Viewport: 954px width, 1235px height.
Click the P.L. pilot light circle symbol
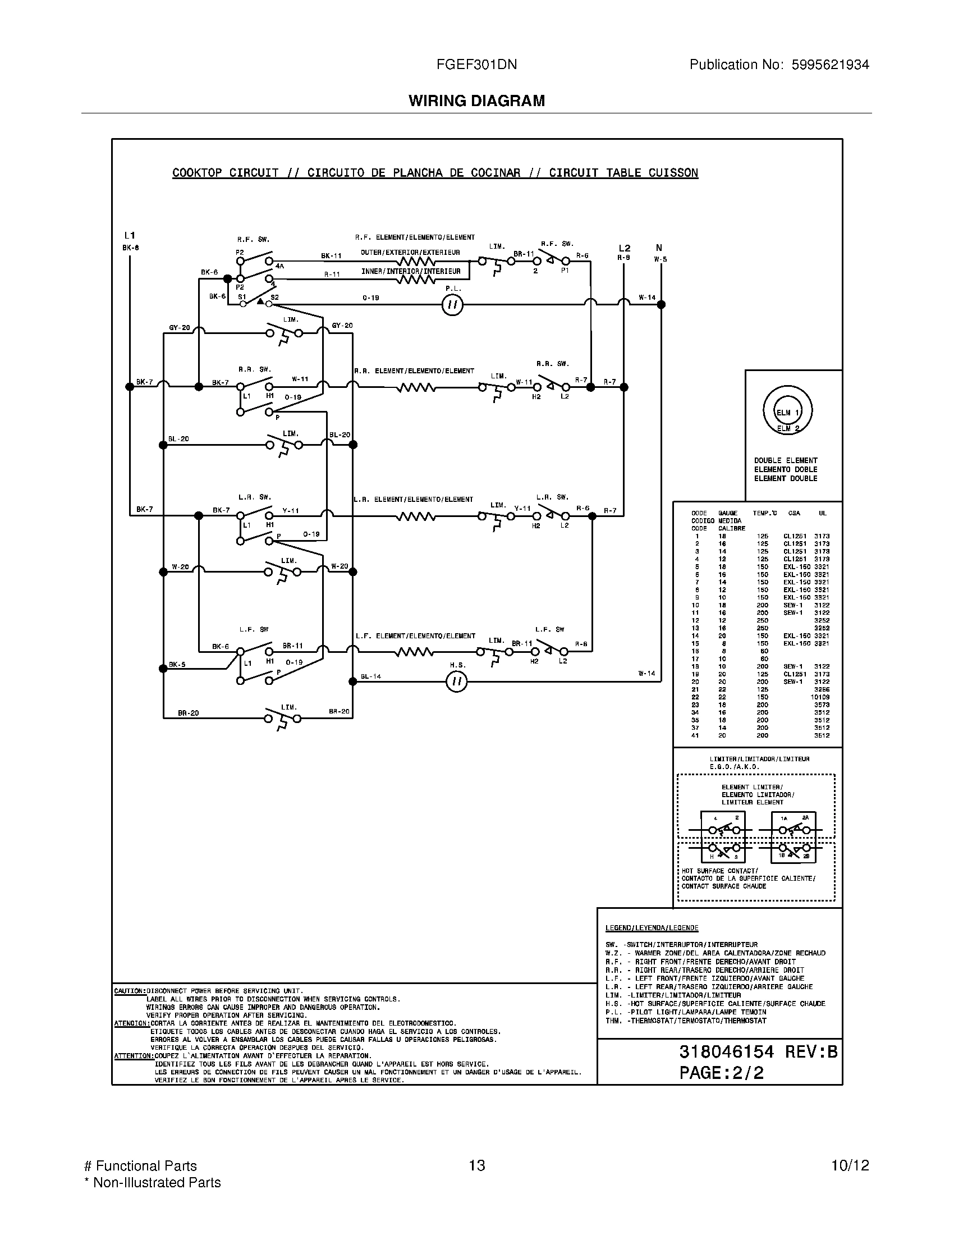452,305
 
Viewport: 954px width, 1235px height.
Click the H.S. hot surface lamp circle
457,681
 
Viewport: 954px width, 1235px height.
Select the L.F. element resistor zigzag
414,652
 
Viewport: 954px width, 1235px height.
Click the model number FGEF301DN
476,65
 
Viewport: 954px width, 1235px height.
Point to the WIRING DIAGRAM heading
476,100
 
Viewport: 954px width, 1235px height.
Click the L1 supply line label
130,235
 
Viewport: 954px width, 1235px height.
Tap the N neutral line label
659,248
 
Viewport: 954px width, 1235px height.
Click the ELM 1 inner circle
787,412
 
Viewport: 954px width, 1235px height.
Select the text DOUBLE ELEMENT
786,460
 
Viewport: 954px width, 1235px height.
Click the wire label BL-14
371,676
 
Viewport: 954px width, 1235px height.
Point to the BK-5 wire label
177,665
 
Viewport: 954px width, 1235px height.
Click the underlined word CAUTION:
130,991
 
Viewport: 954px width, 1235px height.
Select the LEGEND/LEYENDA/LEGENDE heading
652,928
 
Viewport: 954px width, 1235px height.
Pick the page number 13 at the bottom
476,1165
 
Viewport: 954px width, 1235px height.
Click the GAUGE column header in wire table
728,513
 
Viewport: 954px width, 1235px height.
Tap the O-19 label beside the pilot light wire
371,298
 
